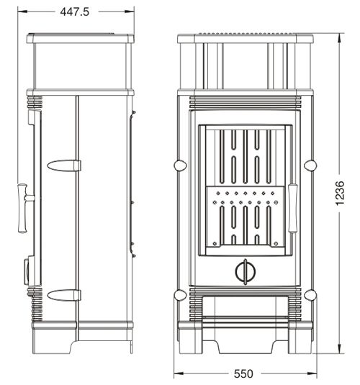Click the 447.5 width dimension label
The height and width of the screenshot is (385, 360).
click(x=74, y=12)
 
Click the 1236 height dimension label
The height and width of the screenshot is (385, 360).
click(x=340, y=194)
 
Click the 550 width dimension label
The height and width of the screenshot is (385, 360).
click(x=243, y=374)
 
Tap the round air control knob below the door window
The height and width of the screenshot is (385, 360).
click(x=246, y=271)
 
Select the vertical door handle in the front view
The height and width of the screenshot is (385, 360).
click(x=292, y=208)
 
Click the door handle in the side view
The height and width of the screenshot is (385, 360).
click(x=24, y=208)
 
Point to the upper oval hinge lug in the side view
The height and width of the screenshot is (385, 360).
click(x=64, y=166)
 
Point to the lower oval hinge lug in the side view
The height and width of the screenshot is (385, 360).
click(x=64, y=295)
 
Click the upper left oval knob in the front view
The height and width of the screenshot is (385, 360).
click(x=181, y=166)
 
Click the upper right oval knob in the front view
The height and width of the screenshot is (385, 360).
click(x=310, y=166)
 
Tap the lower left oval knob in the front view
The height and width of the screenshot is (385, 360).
click(x=181, y=295)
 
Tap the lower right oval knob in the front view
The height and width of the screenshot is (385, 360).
click(x=310, y=295)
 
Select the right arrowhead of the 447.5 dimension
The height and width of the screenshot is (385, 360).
click(x=130, y=12)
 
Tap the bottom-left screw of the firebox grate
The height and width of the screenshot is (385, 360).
click(x=215, y=243)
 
